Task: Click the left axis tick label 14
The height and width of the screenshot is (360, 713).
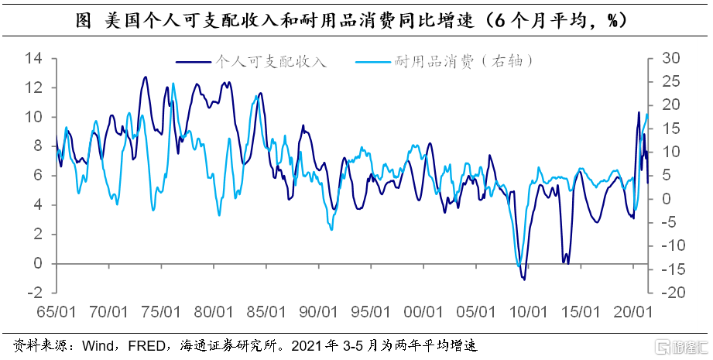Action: coord(33,58)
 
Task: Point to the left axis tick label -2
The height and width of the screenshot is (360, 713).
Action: coord(33,293)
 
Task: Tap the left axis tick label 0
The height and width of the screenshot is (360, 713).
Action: coord(37,263)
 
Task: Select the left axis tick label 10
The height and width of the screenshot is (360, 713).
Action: coord(33,117)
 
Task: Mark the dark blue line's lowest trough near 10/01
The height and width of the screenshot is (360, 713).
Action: coord(524,279)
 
